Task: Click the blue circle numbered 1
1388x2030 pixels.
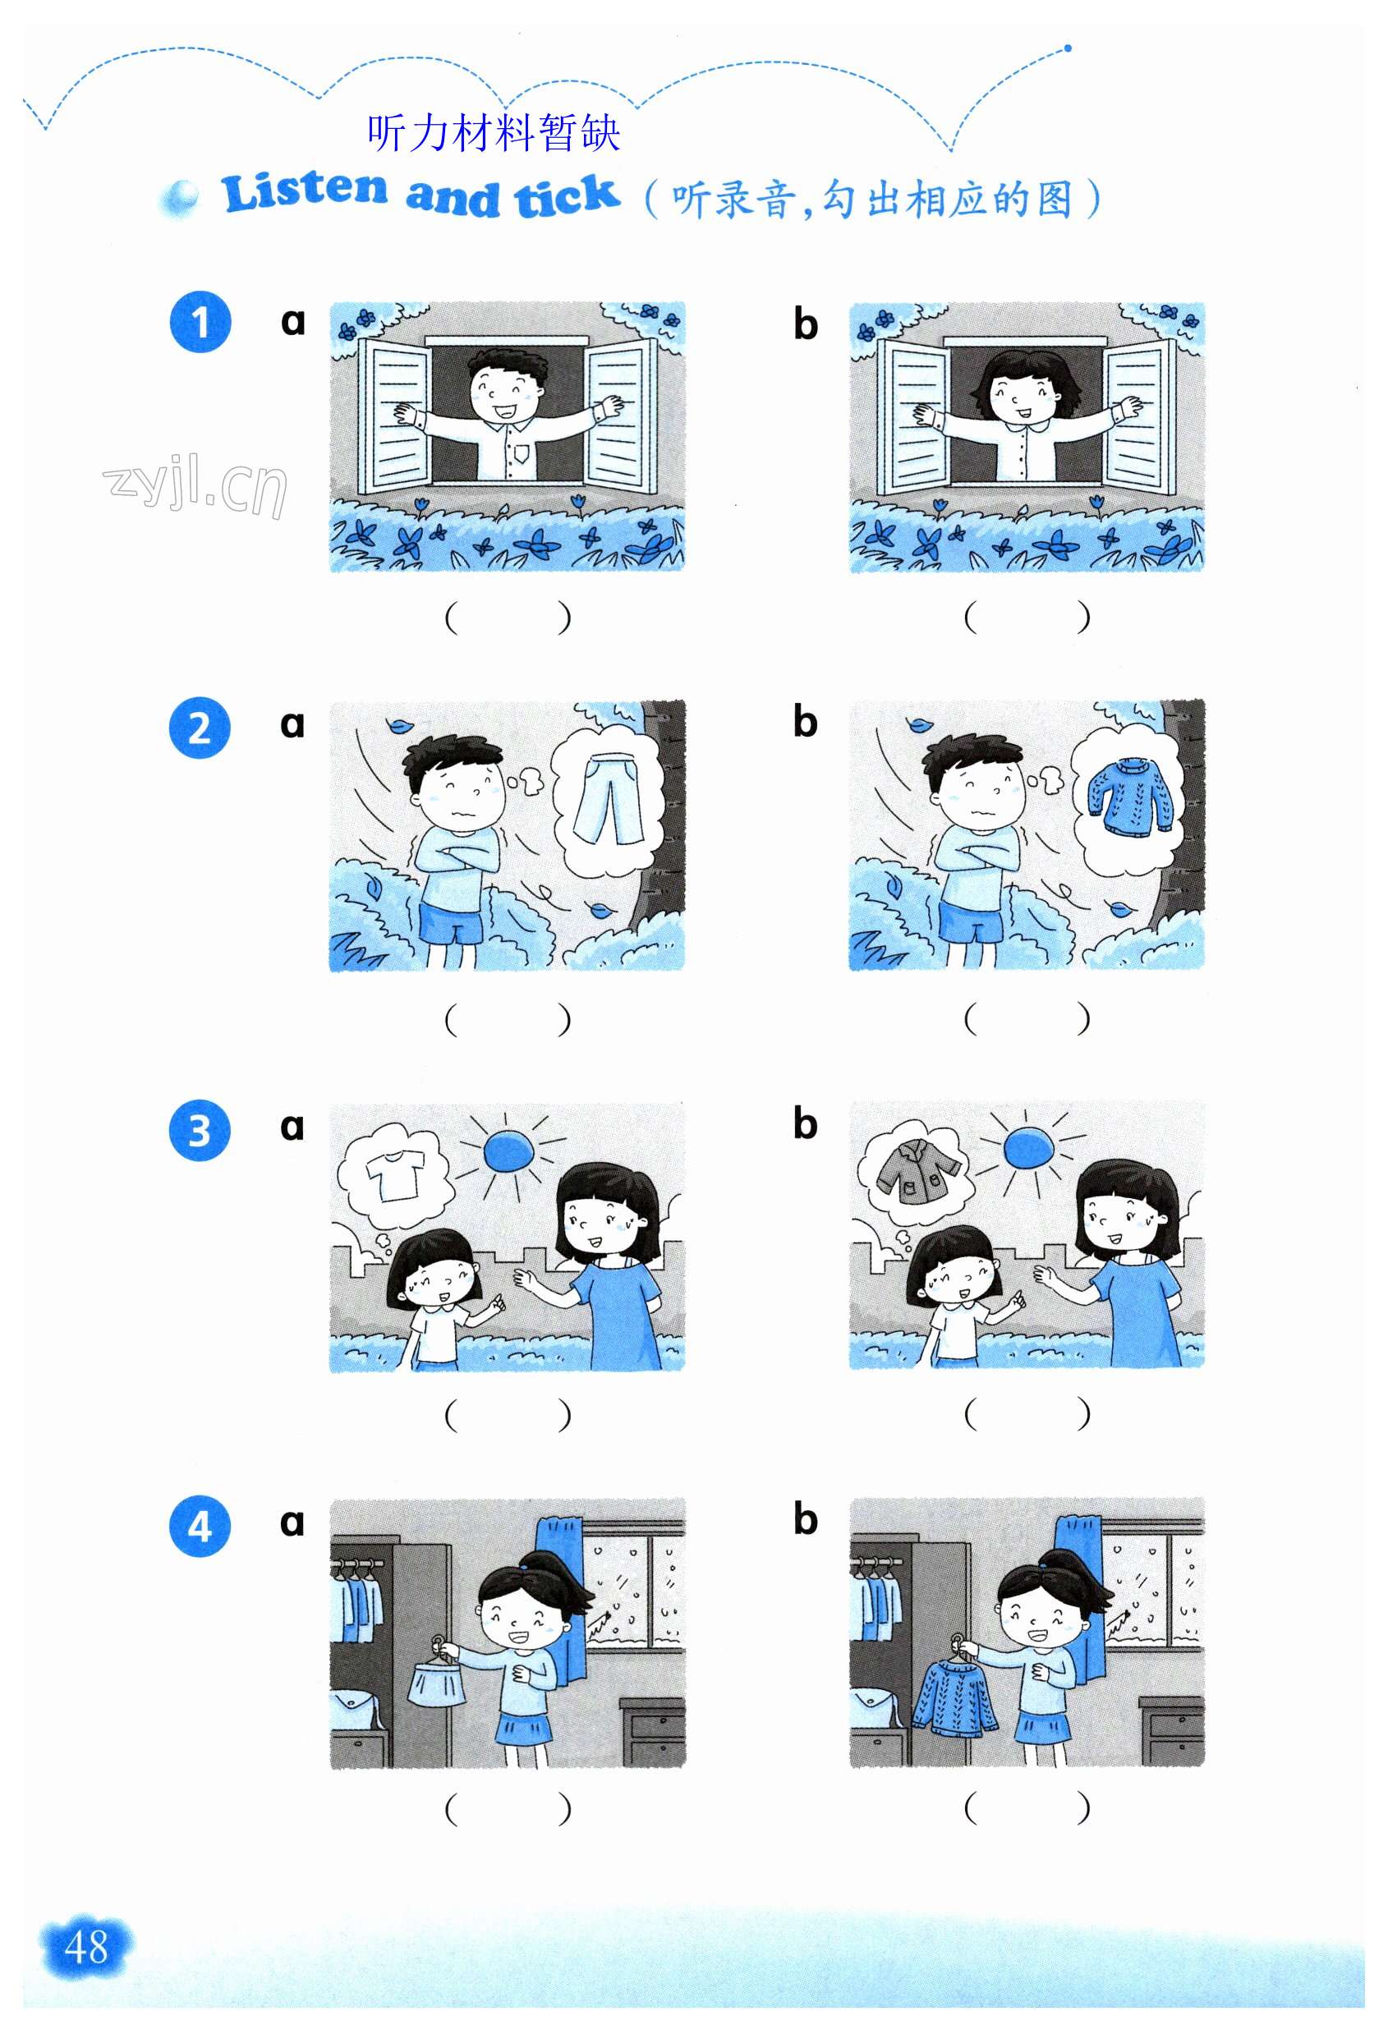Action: pos(200,322)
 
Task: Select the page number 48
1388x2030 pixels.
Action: pos(85,1947)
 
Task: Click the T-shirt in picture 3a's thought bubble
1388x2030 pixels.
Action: pos(395,1175)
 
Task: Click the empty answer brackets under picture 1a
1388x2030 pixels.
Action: pos(508,617)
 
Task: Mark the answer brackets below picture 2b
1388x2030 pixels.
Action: pos(1027,1017)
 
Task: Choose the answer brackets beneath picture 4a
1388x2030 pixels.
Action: pos(508,1808)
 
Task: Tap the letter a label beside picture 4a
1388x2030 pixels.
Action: pos(292,1523)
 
